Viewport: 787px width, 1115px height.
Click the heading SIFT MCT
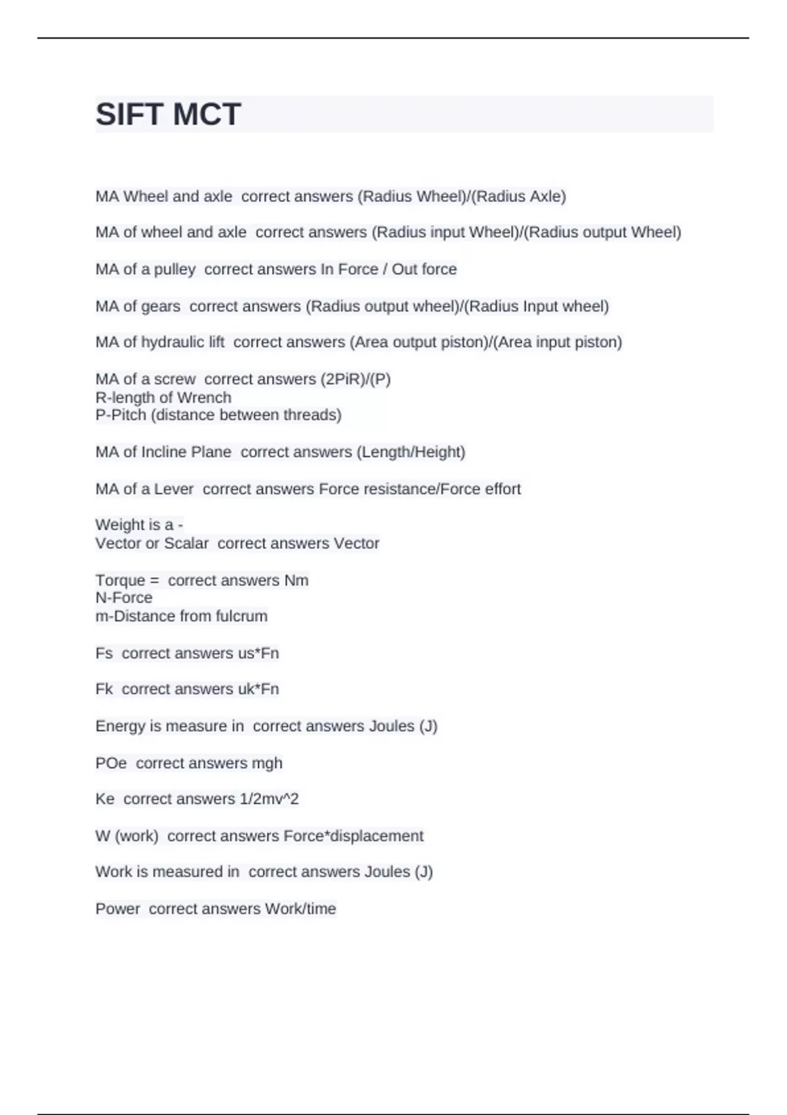point(169,114)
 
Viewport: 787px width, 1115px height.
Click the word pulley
point(174,270)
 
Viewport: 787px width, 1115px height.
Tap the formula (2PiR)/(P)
point(355,379)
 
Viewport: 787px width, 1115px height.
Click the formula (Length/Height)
point(411,452)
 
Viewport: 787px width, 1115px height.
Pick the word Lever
point(174,489)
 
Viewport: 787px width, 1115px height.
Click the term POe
point(111,763)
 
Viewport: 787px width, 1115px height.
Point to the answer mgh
point(267,763)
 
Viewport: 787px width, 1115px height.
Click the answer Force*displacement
point(353,836)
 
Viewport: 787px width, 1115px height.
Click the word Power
point(117,909)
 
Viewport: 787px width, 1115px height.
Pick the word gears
point(161,306)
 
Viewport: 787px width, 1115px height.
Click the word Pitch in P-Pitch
point(125,415)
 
